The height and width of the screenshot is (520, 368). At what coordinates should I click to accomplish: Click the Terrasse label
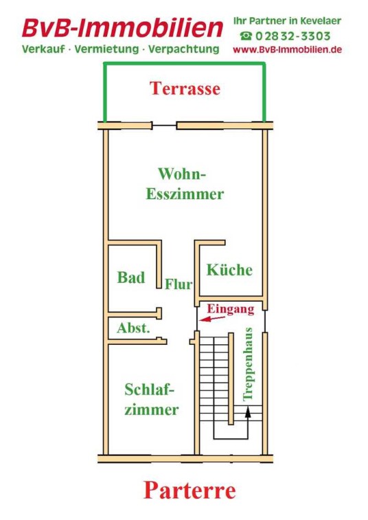click(x=185, y=89)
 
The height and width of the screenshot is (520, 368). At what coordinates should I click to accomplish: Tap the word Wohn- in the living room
click(x=182, y=174)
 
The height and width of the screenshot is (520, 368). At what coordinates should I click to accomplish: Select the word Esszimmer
click(x=185, y=194)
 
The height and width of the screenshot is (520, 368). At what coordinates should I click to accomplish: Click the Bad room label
click(x=131, y=278)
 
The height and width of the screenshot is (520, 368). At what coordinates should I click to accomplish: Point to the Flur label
click(x=179, y=284)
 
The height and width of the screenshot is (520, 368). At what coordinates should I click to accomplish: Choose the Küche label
click(x=229, y=269)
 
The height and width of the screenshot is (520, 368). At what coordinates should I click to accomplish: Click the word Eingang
click(x=231, y=309)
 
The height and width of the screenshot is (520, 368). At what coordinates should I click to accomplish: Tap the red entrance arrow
click(x=212, y=319)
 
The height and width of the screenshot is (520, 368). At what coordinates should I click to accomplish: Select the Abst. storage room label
click(x=133, y=328)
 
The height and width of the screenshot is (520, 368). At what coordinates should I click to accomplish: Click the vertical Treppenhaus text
click(x=248, y=364)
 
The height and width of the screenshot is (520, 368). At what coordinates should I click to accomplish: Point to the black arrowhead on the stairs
click(x=248, y=412)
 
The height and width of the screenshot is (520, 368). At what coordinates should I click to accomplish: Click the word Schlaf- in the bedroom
click(x=150, y=390)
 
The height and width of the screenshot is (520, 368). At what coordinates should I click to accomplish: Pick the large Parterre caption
click(x=189, y=490)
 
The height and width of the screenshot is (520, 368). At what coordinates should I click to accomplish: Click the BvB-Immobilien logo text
click(x=122, y=28)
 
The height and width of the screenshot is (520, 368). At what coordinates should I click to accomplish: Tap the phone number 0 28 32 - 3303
click(x=293, y=36)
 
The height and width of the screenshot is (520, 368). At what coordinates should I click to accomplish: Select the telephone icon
click(x=246, y=36)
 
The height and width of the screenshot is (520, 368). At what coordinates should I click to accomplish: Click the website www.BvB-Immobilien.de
click(x=288, y=49)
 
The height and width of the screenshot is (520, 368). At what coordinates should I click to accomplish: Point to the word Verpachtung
click(x=184, y=49)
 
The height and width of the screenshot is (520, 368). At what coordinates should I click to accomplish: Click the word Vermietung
click(x=106, y=49)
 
